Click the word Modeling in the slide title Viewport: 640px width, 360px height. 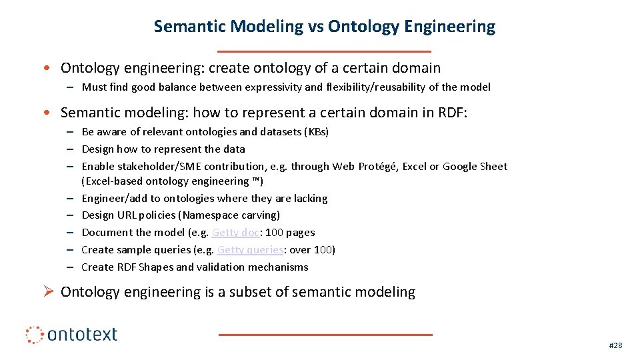click(266, 27)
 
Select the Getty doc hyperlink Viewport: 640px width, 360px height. click(235, 233)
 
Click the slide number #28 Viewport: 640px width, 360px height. click(615, 345)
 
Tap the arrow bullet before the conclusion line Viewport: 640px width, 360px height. click(48, 292)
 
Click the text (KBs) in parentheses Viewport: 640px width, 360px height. click(316, 132)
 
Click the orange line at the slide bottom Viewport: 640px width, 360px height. click(325, 334)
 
